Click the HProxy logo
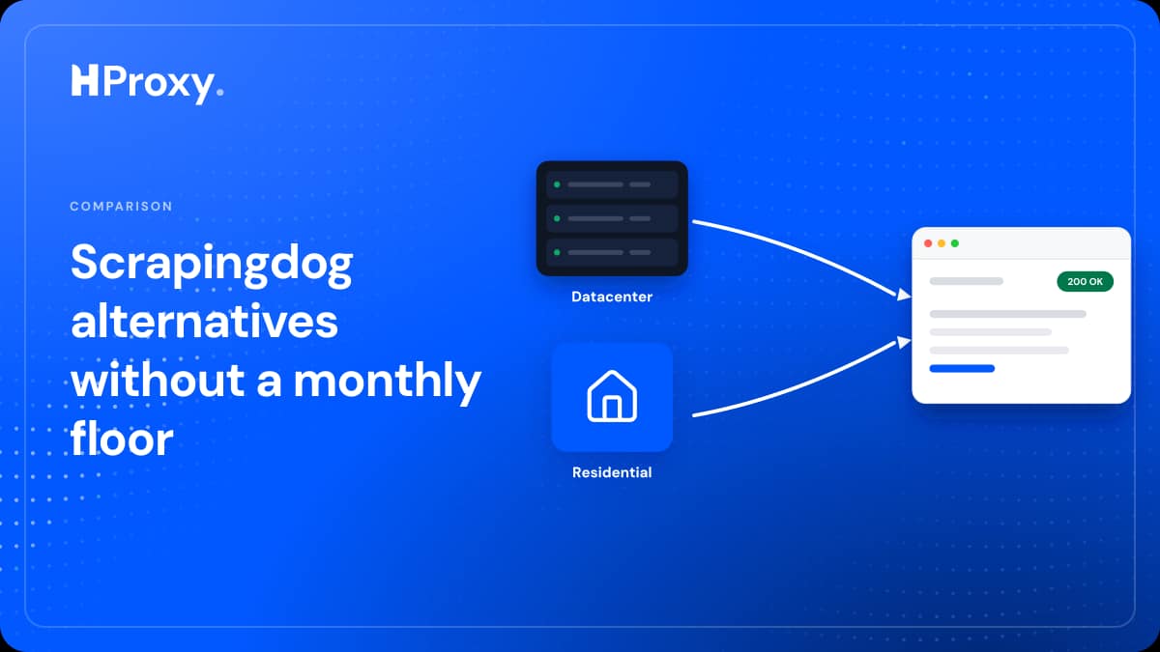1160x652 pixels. click(x=148, y=84)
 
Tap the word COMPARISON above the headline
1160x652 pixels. click(x=121, y=206)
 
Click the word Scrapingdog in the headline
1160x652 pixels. click(x=212, y=264)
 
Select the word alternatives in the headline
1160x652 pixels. click(x=205, y=322)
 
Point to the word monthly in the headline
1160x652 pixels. click(x=388, y=382)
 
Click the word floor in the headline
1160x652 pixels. click(x=122, y=439)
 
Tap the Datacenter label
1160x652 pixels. click(x=612, y=297)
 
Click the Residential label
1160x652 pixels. click(x=612, y=472)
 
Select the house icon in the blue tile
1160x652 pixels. click(x=612, y=396)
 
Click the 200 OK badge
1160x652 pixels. click(x=1085, y=281)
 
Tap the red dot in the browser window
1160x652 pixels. click(x=928, y=243)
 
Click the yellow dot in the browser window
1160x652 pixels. click(x=942, y=243)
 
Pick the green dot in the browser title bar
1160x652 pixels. click(x=955, y=243)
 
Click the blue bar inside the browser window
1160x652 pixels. click(x=962, y=368)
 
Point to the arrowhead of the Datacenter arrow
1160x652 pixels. click(x=904, y=295)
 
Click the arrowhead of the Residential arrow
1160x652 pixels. click(x=904, y=342)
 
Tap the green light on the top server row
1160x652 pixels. click(x=557, y=184)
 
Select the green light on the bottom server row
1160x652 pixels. click(x=557, y=252)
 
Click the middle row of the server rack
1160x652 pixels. click(x=612, y=218)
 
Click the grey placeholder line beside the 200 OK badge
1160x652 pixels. click(x=967, y=281)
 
